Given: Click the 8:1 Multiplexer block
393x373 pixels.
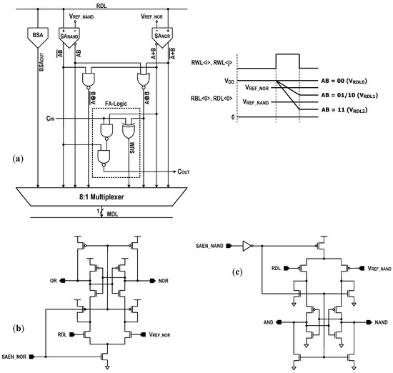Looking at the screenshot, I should pos(102,194).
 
